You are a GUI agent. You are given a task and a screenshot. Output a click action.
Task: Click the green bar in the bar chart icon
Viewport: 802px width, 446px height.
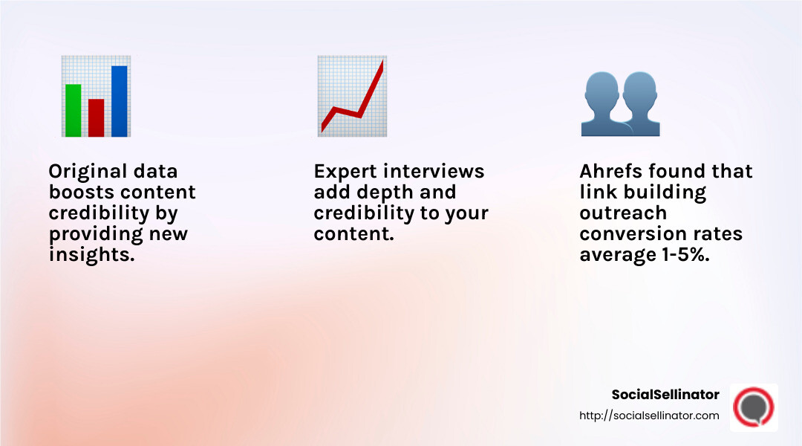[x=73, y=110]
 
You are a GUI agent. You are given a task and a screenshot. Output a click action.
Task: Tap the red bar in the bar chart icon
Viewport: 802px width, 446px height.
[x=96, y=117]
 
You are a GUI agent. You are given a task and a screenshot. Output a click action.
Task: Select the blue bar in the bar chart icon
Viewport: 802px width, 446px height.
[x=119, y=101]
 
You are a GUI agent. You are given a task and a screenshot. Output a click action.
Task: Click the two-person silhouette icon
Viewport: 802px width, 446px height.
[x=620, y=104]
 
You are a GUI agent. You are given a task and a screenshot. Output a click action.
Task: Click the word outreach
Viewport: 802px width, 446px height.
[x=613, y=213]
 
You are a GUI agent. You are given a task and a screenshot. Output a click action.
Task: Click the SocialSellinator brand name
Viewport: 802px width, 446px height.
[x=665, y=395]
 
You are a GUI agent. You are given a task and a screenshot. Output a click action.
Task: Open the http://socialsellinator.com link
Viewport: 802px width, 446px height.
[x=649, y=416]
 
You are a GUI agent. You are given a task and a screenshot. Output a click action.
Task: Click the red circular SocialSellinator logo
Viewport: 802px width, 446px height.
[x=754, y=407]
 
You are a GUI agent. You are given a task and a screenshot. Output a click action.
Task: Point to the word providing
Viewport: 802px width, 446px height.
[x=93, y=233]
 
